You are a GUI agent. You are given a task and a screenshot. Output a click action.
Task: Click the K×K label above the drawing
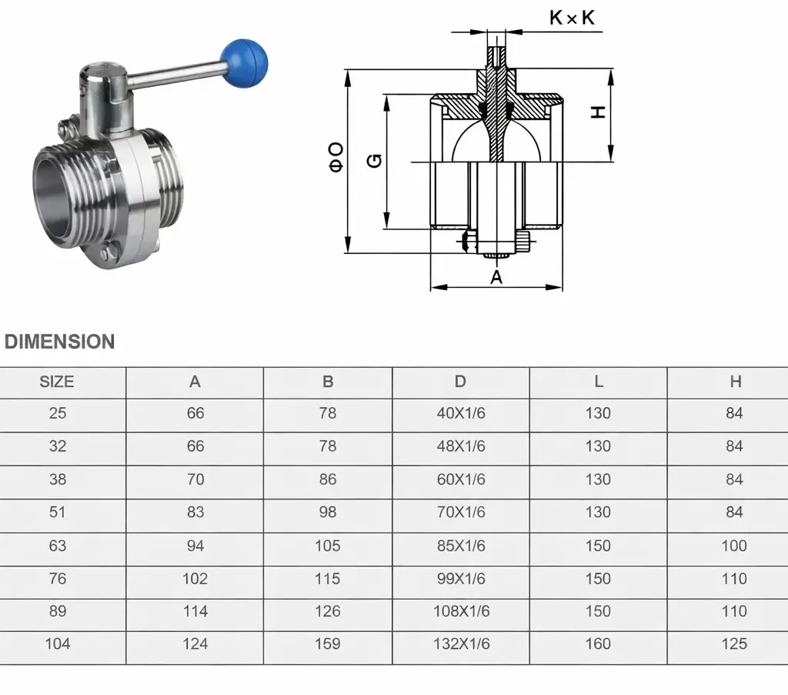point(572,18)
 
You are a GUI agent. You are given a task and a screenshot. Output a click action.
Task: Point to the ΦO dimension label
point(336,157)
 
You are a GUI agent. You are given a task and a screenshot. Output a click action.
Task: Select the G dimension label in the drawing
point(374,160)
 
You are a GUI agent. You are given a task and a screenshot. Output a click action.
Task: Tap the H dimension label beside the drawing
point(598,112)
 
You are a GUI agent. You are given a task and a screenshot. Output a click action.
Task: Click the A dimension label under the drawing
point(496,277)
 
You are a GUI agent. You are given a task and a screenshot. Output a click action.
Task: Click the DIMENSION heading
point(60,342)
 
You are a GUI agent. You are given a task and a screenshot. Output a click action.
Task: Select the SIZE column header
point(57,382)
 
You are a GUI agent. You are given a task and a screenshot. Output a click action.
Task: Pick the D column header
point(460,382)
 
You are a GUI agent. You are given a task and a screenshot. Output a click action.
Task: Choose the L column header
point(598,382)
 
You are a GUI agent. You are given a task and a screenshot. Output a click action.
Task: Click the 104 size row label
point(57,643)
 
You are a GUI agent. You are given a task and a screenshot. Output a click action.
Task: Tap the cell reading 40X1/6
point(460,414)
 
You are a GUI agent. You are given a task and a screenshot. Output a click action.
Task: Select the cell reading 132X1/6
point(460,643)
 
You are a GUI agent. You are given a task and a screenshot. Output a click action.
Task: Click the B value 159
point(327,643)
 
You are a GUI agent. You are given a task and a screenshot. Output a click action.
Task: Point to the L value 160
point(598,643)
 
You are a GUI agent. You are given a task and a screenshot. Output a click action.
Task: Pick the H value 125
point(734,643)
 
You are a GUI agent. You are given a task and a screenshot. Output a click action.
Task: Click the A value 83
point(195,513)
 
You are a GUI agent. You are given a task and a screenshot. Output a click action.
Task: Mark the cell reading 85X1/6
point(460,546)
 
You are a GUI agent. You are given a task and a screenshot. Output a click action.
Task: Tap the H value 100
point(734,546)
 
